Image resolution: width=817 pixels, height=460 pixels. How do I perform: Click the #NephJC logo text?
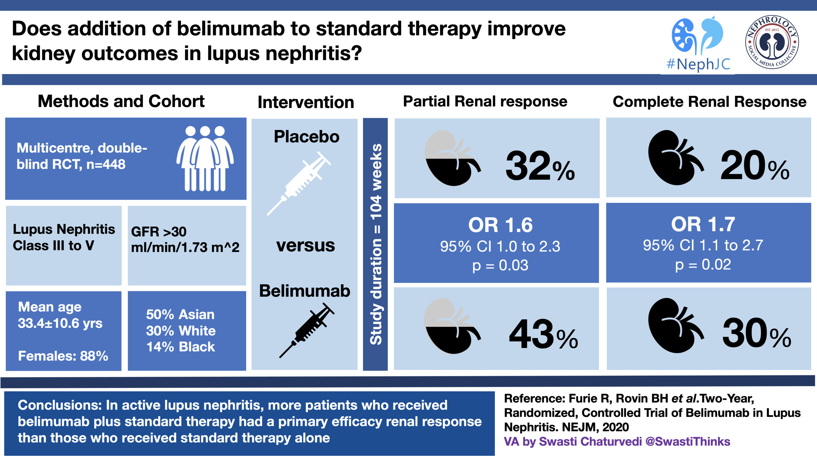click(698, 64)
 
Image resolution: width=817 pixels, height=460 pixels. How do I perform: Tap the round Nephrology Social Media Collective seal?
click(772, 42)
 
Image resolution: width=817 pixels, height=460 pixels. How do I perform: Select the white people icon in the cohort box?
click(205, 158)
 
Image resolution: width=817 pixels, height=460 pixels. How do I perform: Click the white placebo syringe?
click(299, 183)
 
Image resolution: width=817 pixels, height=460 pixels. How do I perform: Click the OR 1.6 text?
click(500, 225)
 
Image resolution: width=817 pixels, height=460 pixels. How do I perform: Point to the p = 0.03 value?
click(500, 265)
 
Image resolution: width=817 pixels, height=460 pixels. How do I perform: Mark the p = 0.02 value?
click(703, 265)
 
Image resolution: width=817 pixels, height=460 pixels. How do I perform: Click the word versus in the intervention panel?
click(306, 245)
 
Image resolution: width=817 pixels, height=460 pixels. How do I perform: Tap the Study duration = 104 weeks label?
click(375, 244)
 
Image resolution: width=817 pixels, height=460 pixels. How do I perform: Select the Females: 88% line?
click(63, 356)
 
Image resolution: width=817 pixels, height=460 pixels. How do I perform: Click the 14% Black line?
click(181, 347)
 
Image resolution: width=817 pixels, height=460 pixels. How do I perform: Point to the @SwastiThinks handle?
click(688, 442)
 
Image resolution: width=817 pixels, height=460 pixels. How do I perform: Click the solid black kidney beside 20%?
click(675, 158)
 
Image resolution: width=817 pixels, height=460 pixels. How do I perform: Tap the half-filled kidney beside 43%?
click(452, 326)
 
